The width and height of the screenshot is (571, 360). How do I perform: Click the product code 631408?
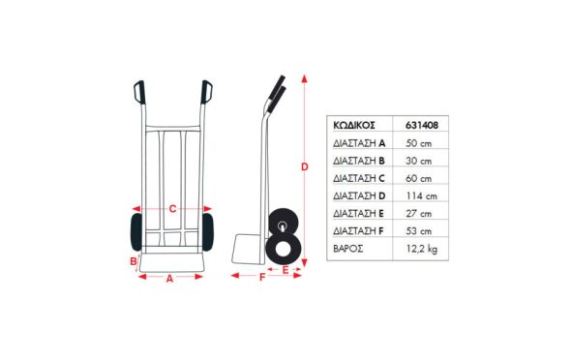pyautogui.click(x=422, y=125)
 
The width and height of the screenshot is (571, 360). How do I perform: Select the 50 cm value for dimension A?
pyautogui.click(x=419, y=143)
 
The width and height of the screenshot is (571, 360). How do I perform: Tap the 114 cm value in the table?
pyautogui.click(x=422, y=196)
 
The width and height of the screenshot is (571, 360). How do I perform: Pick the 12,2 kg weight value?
pyautogui.click(x=422, y=249)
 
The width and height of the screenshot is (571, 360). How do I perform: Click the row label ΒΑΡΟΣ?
pyautogui.click(x=348, y=249)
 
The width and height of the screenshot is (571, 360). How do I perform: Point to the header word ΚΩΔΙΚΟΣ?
pyautogui.click(x=354, y=125)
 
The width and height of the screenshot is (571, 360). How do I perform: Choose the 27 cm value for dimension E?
pyautogui.click(x=419, y=214)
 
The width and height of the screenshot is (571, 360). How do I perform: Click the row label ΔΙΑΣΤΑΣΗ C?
pyautogui.click(x=359, y=178)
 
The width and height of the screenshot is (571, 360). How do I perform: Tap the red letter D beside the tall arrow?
pyautogui.click(x=305, y=166)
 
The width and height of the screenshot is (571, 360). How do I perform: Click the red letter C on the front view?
pyautogui.click(x=172, y=209)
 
